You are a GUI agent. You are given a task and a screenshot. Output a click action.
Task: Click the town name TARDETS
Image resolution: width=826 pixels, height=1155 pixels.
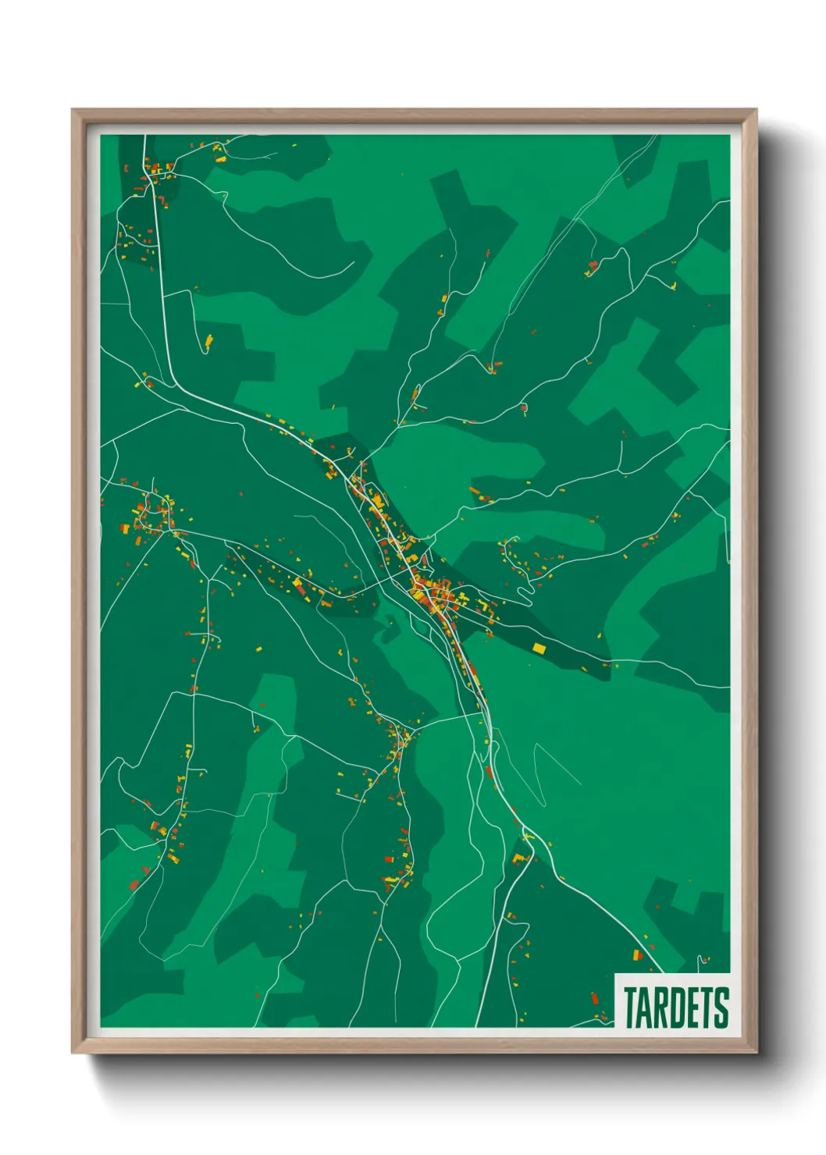point(676,1008)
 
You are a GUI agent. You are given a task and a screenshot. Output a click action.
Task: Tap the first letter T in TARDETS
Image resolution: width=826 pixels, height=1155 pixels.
point(630,1008)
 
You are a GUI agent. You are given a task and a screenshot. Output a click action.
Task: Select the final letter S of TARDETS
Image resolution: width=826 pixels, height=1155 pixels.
point(722,1008)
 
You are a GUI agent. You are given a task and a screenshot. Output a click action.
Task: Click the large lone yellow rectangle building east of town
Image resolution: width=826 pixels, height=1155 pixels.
point(539,647)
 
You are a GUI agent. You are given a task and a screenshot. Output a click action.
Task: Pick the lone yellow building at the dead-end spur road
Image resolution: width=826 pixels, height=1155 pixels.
point(208,341)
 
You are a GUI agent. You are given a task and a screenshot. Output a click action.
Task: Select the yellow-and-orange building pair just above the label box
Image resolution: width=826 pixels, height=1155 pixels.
point(638,954)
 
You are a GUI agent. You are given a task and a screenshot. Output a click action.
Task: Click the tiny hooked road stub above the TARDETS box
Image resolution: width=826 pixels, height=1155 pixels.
point(704,958)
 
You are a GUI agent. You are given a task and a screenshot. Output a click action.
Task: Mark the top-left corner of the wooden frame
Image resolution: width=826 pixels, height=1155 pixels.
point(73,110)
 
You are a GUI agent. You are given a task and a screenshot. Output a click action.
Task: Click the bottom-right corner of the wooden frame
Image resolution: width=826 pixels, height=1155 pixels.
point(756,1053)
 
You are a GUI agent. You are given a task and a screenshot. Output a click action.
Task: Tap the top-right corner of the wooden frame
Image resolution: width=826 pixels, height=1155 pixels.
point(756,110)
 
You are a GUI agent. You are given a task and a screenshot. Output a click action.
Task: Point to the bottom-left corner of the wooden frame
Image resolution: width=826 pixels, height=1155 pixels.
point(73,1053)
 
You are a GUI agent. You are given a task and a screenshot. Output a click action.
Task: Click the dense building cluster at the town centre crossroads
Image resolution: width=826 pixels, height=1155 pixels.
point(432,595)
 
